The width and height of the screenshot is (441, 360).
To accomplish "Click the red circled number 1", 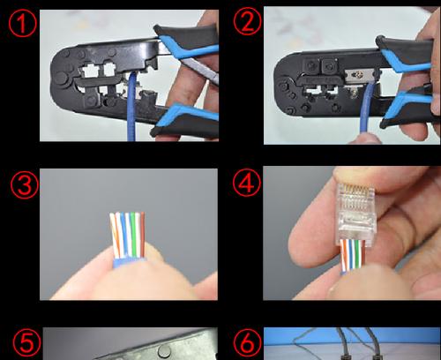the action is (x=22, y=23).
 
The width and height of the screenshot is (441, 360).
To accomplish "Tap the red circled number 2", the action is (x=247, y=21).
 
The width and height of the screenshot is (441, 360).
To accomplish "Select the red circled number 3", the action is (x=25, y=184).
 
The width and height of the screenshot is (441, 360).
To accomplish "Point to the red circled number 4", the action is (x=247, y=183).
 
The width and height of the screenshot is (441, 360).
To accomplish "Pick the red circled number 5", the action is (x=26, y=342).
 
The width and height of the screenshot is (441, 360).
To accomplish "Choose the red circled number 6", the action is (x=247, y=342).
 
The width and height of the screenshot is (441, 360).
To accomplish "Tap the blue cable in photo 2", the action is (x=367, y=109).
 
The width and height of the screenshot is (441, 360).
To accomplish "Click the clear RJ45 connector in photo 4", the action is (x=355, y=214).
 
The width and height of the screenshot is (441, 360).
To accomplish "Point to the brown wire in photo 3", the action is (x=143, y=235).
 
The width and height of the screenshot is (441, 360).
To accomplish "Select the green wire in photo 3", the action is (x=133, y=235).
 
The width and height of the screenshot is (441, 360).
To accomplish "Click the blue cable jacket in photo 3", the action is (x=129, y=263).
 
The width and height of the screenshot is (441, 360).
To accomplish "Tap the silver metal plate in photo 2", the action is (x=360, y=76).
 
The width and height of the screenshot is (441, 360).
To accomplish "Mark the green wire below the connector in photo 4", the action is (x=357, y=254).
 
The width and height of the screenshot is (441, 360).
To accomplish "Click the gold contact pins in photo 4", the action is (x=355, y=191).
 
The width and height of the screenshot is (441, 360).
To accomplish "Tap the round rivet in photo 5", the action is (x=164, y=351).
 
